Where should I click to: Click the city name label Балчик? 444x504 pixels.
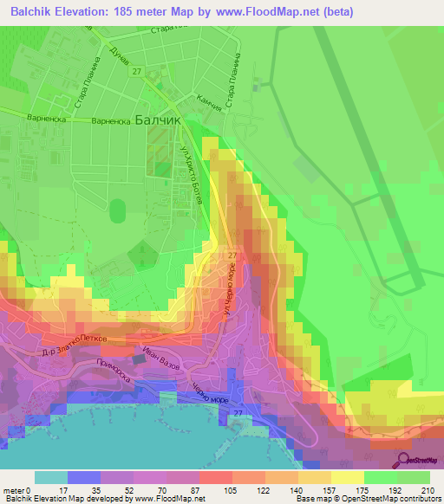tap(158, 121)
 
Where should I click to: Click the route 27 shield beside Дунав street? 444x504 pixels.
tap(137, 74)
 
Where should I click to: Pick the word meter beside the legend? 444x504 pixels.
tap(15, 489)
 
